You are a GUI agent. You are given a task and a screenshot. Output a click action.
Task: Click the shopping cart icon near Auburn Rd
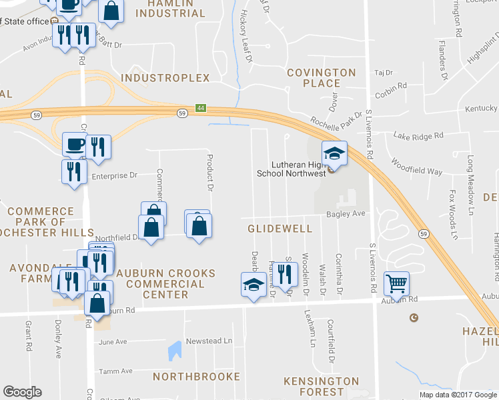(x=396, y=283)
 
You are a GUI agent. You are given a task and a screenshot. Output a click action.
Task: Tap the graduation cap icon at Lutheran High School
(x=334, y=153)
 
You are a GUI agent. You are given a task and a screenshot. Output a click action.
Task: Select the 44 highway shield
(x=200, y=108)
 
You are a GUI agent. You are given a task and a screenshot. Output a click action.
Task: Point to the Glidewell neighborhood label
(x=280, y=229)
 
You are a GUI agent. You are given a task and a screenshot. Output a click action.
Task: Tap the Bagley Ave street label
(x=346, y=214)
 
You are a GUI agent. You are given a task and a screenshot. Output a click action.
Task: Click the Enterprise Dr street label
(x=114, y=176)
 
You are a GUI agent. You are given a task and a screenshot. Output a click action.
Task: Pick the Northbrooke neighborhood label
(x=196, y=377)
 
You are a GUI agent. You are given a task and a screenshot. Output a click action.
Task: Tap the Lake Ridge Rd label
(x=418, y=136)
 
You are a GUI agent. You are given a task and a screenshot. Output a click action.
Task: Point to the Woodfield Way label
(x=416, y=167)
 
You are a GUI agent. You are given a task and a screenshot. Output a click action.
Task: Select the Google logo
(x=23, y=392)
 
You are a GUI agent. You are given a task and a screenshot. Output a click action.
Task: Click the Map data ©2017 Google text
(x=457, y=395)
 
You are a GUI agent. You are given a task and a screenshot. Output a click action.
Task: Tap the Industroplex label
(x=165, y=78)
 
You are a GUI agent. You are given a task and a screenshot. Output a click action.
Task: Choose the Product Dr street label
(x=209, y=173)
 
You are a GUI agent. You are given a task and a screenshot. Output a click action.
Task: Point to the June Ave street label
(x=113, y=342)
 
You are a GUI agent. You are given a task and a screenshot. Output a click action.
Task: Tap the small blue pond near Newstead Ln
(x=175, y=349)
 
